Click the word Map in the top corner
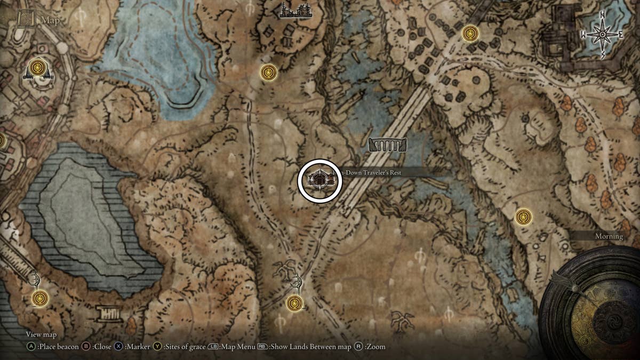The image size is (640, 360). pyautogui.click(x=51, y=21)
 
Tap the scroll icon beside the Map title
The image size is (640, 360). pyautogui.click(x=26, y=20)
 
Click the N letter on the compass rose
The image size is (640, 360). pyautogui.click(x=603, y=15)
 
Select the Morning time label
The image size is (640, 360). pyautogui.click(x=609, y=236)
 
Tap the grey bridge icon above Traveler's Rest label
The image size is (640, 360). pyautogui.click(x=388, y=145)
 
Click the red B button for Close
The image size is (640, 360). pyautogui.click(x=85, y=347)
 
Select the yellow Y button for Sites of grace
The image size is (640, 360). pyautogui.click(x=157, y=347)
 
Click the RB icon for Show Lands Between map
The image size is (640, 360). pyautogui.click(x=262, y=347)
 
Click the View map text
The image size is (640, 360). pyautogui.click(x=41, y=335)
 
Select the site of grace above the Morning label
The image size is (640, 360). pyautogui.click(x=524, y=217)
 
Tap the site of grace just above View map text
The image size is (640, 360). pyautogui.click(x=40, y=298)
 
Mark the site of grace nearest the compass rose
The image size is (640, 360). pyautogui.click(x=470, y=34)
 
